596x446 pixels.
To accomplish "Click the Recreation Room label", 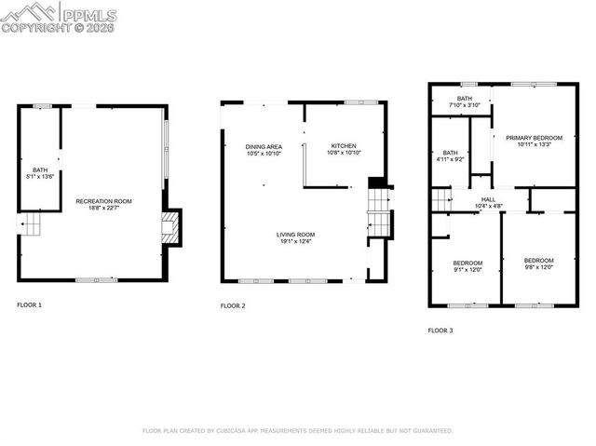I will tap(103, 201).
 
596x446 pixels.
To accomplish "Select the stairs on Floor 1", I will tap(32, 224).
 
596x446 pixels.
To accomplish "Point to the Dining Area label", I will tap(264, 147).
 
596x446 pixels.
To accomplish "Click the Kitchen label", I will tap(345, 147).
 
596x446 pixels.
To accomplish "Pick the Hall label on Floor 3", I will tap(488, 198).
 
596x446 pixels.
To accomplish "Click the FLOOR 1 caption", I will tap(29, 304).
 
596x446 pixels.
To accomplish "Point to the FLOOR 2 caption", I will tap(233, 305).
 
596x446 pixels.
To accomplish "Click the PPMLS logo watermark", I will tap(60, 17).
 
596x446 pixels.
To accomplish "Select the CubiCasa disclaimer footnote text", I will tap(297, 431).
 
